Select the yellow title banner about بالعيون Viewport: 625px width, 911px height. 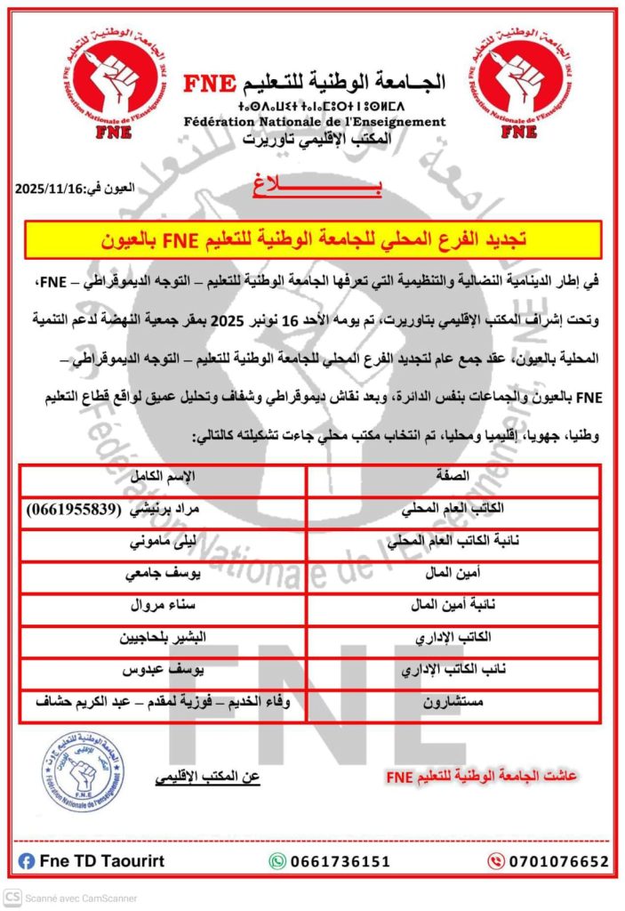tap(313, 239)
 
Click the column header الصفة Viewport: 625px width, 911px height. tap(453, 478)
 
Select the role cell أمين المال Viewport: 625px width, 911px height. tap(453, 574)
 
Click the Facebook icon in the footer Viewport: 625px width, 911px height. tap(27, 861)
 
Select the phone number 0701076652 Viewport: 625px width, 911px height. tap(558, 861)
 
